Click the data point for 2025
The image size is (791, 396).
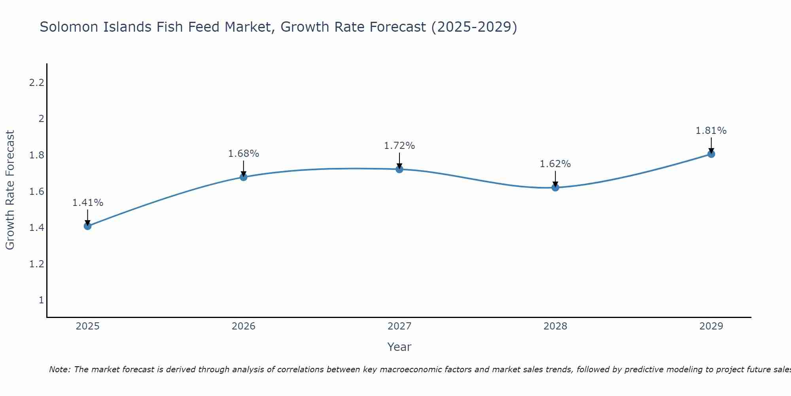click(x=87, y=226)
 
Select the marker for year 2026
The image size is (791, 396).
click(x=244, y=177)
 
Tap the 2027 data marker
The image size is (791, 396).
click(x=399, y=169)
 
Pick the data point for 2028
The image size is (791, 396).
click(x=555, y=188)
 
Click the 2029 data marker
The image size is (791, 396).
click(x=711, y=154)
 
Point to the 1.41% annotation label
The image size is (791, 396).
click(x=87, y=203)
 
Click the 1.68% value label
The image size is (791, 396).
click(x=244, y=154)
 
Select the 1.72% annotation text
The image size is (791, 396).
click(x=399, y=146)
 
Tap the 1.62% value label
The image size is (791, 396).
click(x=555, y=164)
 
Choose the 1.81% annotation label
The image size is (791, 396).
click(x=711, y=131)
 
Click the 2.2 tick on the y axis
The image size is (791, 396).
click(x=36, y=83)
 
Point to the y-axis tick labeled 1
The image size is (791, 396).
click(x=41, y=300)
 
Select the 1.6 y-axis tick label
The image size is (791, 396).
click(x=36, y=192)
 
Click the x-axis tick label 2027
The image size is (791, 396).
click(x=399, y=326)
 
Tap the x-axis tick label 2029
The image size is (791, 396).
click(x=711, y=326)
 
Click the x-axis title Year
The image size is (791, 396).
click(x=399, y=347)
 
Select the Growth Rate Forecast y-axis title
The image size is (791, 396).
click(x=10, y=190)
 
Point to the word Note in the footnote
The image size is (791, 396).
click(x=59, y=369)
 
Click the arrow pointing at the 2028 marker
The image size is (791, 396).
click(x=555, y=179)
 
